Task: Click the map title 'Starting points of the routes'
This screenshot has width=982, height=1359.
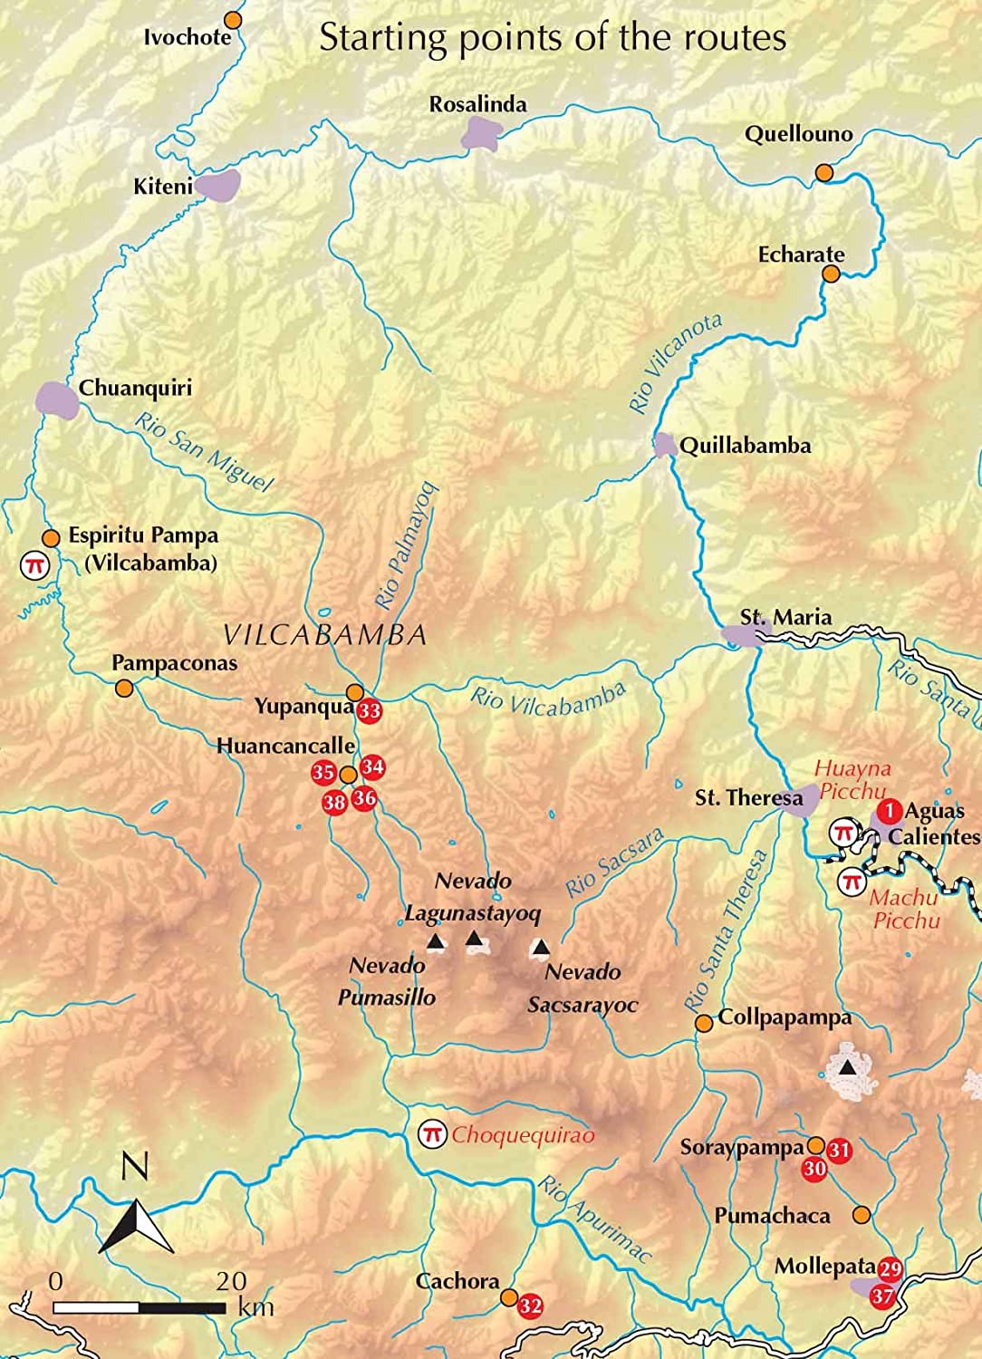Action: [553, 38]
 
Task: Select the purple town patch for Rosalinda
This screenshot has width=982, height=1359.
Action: [480, 133]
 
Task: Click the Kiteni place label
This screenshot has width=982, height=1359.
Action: [163, 187]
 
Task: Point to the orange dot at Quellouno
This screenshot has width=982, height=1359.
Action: [823, 172]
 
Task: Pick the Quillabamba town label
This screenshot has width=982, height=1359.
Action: [745, 446]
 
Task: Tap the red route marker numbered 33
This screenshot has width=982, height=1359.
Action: [369, 711]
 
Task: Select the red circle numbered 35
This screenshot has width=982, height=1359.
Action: [323, 773]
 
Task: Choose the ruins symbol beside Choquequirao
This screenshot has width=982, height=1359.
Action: [432, 1133]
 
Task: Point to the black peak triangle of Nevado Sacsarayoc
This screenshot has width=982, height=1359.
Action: [541, 948]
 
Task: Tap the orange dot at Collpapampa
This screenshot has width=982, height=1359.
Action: [703, 1023]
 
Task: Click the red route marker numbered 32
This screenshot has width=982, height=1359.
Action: [530, 1306]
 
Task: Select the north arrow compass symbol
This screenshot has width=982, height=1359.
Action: [136, 1223]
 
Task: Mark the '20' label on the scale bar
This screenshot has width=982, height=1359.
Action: [231, 1280]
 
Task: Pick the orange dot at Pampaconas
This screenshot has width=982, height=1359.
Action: [125, 689]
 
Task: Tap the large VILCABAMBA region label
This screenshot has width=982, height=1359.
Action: [324, 634]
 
